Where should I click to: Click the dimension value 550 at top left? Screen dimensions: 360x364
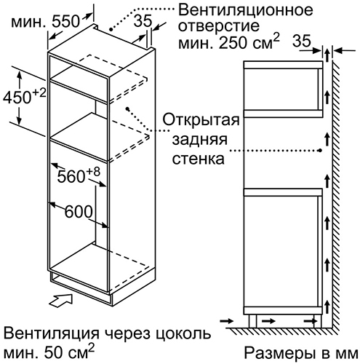[x=65, y=21]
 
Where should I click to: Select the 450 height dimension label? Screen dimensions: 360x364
[x=17, y=98]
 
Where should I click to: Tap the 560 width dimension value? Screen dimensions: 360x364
[x=71, y=176]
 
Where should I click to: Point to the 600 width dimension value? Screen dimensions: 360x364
[x=79, y=211]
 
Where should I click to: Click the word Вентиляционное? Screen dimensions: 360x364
[x=245, y=10]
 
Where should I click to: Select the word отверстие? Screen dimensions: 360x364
[x=219, y=26]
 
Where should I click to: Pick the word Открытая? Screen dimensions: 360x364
[x=201, y=120]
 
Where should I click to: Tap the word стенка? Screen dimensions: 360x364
[x=198, y=159]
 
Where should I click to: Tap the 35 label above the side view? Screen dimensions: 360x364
[x=301, y=41]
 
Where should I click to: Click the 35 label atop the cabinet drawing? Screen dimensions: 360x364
[x=143, y=21]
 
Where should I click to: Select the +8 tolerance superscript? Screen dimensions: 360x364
[x=93, y=172]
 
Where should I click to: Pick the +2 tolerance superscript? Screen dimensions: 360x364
[x=39, y=93]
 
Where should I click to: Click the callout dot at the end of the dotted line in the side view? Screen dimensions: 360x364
[x=320, y=151]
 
